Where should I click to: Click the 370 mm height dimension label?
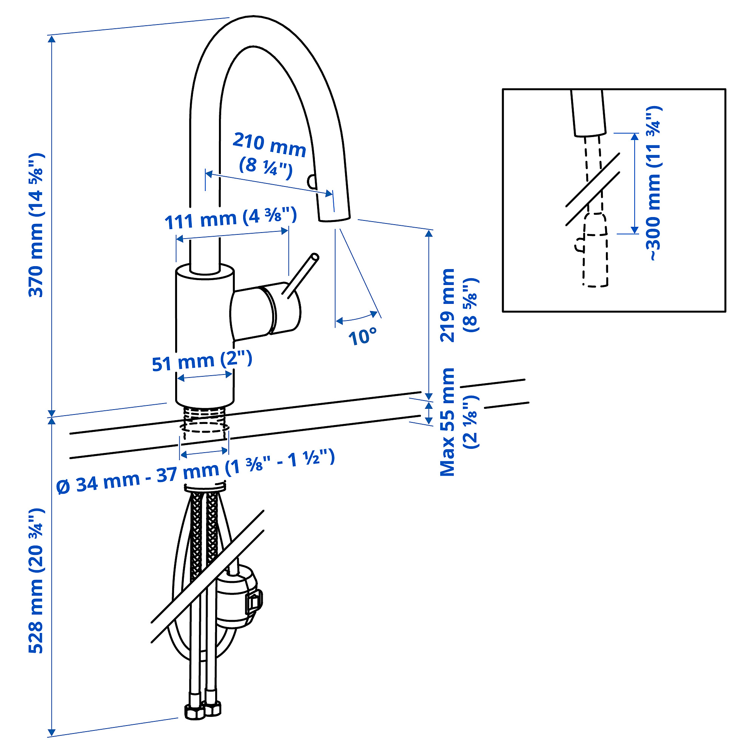coord(36,225)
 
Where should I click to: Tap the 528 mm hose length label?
coord(36,581)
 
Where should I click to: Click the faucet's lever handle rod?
coord(301,276)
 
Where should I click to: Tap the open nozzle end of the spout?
coord(334,219)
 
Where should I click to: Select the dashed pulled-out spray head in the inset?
coord(595,250)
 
